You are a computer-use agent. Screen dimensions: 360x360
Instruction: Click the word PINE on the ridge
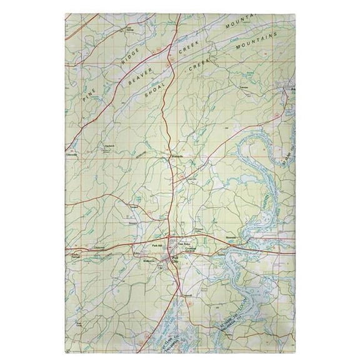click(88, 90)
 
